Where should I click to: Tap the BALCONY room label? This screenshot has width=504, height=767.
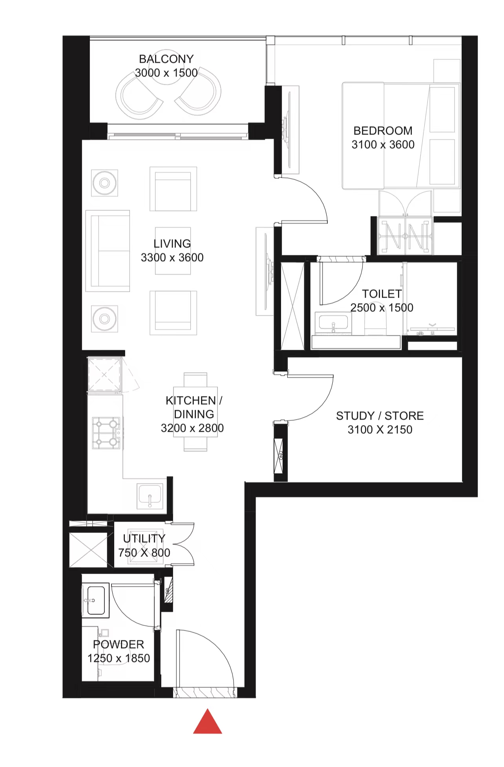(166, 59)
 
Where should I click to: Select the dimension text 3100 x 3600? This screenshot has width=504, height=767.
(383, 145)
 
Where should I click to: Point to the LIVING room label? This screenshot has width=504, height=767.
(172, 244)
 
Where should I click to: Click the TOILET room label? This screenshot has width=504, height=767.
(382, 294)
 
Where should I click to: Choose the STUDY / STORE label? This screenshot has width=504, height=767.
(380, 416)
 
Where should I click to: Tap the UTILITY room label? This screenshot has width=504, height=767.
(144, 539)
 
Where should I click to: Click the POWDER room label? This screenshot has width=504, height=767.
(119, 644)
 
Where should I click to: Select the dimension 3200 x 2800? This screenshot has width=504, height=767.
(192, 428)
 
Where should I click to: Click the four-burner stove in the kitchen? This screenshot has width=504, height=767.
(106, 433)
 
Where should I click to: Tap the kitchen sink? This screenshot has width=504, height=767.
(150, 496)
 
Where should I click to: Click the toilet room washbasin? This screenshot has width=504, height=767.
(333, 324)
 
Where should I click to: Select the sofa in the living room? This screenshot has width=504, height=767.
(108, 251)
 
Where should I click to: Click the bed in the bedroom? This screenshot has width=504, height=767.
(401, 136)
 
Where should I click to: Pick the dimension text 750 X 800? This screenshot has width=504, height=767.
(144, 553)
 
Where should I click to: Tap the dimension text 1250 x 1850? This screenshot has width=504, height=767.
(119, 658)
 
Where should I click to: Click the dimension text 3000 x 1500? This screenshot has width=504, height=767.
(166, 73)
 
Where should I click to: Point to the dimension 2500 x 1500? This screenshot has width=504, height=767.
(382, 308)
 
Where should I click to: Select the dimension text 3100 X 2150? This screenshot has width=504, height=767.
(380, 430)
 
